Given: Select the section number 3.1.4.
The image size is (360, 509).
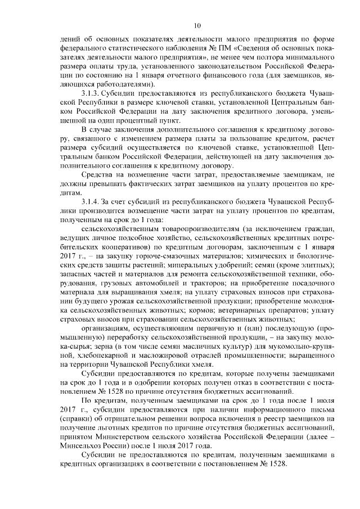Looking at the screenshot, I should pos(92,201).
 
